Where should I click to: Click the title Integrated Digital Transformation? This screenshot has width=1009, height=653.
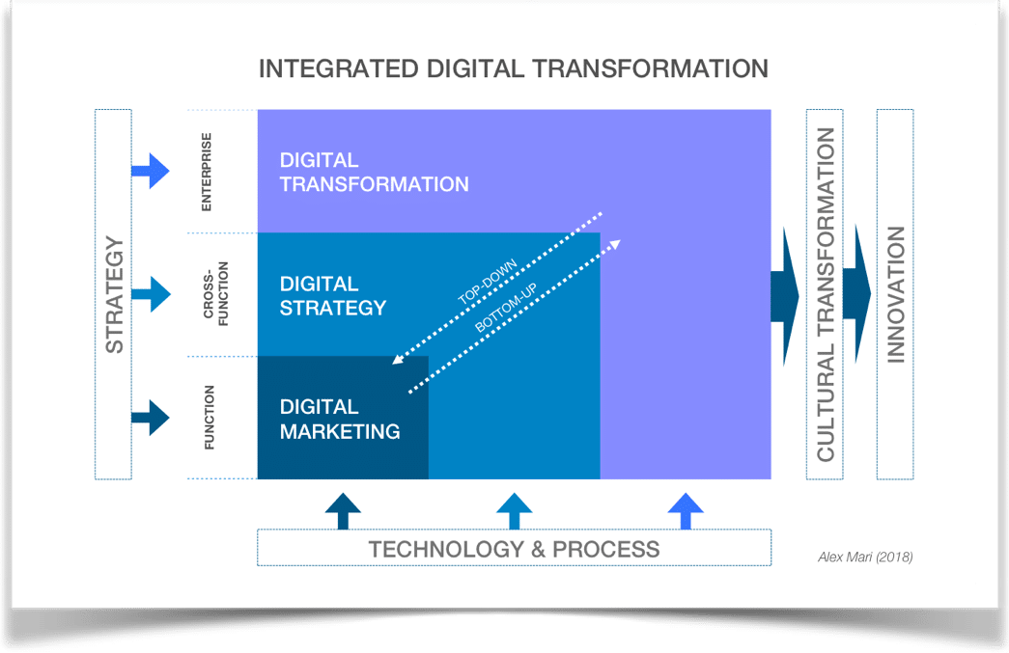pos(514,68)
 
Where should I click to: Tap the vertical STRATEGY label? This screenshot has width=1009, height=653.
pos(114,295)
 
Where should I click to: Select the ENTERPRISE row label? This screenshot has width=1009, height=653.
pos(206,172)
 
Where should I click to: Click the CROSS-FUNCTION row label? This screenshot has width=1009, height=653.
pos(215,294)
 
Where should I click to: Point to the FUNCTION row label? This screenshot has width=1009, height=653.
pos(209,417)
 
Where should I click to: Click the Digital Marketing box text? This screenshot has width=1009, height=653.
pos(340,419)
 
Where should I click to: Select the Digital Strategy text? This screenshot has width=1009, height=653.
pos(333,296)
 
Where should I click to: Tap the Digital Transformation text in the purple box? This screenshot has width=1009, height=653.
pos(374,173)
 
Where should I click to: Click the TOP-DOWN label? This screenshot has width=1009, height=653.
pos(488,282)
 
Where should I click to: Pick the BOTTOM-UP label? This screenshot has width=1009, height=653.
pos(506,308)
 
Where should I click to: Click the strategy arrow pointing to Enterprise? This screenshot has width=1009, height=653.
pos(151,171)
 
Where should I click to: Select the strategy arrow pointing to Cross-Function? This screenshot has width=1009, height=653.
pos(151,294)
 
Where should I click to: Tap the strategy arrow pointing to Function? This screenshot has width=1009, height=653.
pos(151,418)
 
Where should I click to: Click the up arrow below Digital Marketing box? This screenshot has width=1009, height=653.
pos(343,511)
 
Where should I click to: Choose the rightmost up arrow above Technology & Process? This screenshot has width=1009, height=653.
pos(686,511)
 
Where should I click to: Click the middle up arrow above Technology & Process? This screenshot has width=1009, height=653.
pos(514,511)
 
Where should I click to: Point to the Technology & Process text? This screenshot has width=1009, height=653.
pos(514,550)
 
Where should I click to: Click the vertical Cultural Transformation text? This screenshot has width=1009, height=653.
pos(825,294)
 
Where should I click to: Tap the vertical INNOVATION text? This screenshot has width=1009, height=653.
pos(895,294)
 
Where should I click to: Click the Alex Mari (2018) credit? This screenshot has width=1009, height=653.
pos(865,558)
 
